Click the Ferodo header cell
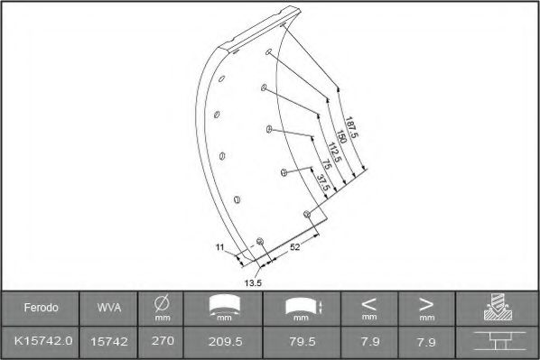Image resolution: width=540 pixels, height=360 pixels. click(42, 308)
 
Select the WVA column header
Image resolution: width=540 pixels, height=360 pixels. click(104, 308)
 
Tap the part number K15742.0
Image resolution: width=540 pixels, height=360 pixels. click(42, 343)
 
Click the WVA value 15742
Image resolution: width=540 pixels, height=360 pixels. click(104, 343)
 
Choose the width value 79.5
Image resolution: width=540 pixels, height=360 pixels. click(303, 343)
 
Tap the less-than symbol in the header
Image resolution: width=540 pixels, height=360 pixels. click(369, 304)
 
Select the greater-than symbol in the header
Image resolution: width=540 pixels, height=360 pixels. click(425, 304)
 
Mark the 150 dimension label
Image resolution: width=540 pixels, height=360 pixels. click(340, 139)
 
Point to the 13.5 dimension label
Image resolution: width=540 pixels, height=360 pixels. click(253, 282)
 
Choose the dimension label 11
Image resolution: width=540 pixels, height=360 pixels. click(219, 246)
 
